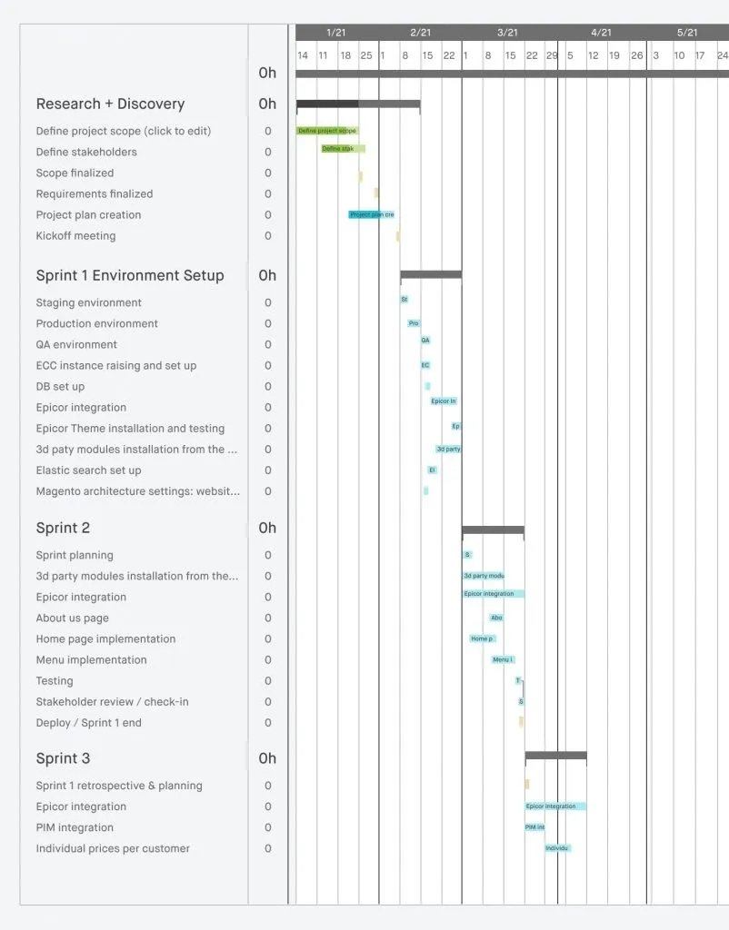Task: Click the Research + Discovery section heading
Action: tap(110, 104)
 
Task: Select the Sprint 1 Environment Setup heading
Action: tap(130, 276)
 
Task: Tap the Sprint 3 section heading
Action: tap(64, 759)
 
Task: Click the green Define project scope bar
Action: tap(327, 131)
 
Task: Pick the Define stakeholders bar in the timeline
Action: tap(343, 149)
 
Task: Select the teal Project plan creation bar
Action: tap(371, 215)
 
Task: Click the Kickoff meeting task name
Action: tap(75, 236)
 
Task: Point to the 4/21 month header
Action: tap(601, 33)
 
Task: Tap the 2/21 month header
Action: tap(420, 33)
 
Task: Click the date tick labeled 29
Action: tap(552, 55)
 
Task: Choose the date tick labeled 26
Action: tap(637, 55)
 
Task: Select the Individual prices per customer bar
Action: tap(558, 848)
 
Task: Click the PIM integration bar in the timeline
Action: tap(535, 827)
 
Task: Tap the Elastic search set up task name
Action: tap(88, 470)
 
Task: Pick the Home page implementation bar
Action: tap(482, 638)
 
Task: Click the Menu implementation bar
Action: tap(504, 659)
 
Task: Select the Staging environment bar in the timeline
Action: tap(404, 299)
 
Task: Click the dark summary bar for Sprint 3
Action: tap(555, 756)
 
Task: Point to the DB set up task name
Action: tap(60, 387)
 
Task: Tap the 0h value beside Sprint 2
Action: tap(267, 529)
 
